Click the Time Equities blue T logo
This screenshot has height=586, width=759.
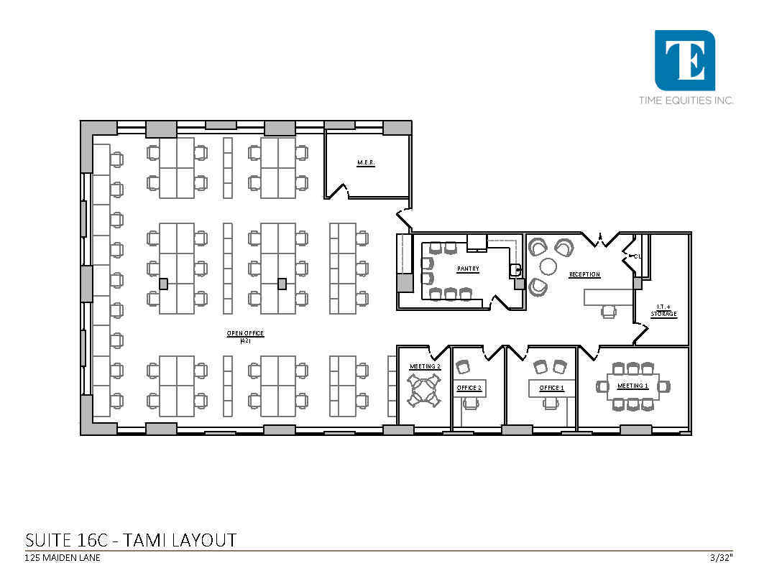coord(684,60)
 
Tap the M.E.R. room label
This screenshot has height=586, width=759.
coord(367,163)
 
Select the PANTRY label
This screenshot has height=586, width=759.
coord(468,269)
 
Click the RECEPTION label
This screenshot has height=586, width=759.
coord(584,274)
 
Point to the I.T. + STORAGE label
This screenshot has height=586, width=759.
coord(663,311)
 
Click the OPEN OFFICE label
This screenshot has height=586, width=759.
coord(246,334)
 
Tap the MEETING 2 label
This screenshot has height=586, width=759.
coord(425,366)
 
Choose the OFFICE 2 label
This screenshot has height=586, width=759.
coord(469,388)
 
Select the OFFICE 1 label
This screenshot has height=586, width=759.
coord(551,388)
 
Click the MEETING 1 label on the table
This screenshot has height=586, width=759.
coord(632,386)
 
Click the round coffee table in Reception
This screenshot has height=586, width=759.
coord(548,267)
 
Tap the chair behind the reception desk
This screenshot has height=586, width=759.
coord(609,311)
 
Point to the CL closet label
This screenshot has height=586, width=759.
coord(637,256)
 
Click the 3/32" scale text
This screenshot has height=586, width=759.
coord(721,557)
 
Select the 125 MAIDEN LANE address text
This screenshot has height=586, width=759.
coord(62,558)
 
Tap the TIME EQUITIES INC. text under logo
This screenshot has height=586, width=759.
coord(686,101)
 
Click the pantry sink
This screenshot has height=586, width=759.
coord(515,270)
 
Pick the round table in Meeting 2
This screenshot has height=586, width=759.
coord(424,390)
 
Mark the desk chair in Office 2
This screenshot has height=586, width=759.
coord(470,404)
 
